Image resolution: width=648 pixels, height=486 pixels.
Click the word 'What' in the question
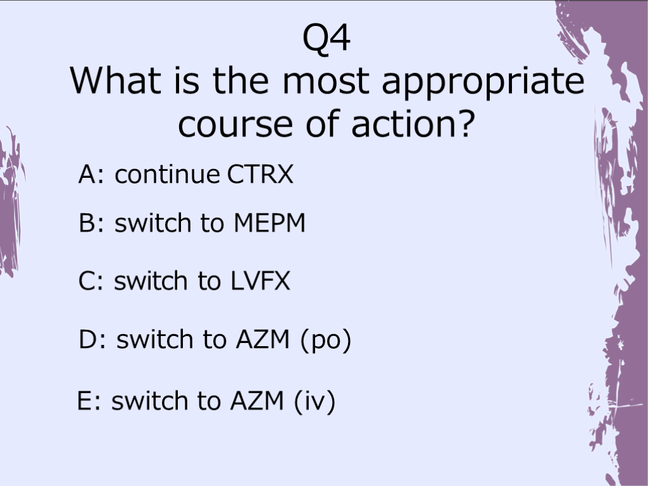click(x=115, y=80)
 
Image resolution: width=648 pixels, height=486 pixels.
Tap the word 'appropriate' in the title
click(x=483, y=83)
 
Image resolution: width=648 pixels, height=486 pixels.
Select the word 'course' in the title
click(x=235, y=124)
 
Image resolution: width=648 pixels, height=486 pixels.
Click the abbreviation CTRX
click(x=260, y=174)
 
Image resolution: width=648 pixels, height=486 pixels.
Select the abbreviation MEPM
click(x=270, y=223)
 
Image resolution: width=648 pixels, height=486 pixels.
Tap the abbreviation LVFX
click(x=260, y=281)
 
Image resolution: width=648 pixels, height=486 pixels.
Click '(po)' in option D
click(x=326, y=341)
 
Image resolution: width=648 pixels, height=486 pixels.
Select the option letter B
click(x=87, y=223)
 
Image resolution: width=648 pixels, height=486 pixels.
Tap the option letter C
click(x=87, y=281)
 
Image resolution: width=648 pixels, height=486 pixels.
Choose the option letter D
click(x=87, y=339)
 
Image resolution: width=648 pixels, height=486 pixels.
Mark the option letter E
click(x=85, y=400)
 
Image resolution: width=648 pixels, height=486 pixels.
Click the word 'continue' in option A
click(x=167, y=174)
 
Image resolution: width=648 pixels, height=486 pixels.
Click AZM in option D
click(x=263, y=339)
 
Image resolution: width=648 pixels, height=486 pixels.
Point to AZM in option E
click(x=257, y=400)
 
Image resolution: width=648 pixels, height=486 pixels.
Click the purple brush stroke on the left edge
click(x=10, y=202)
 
